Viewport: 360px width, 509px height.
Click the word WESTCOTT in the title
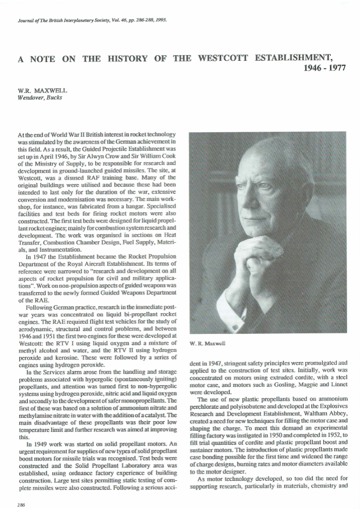click(221, 59)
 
